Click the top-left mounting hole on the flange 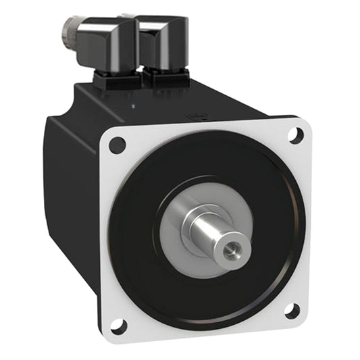pos(117,144)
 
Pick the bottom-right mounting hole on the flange pos(292,311)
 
